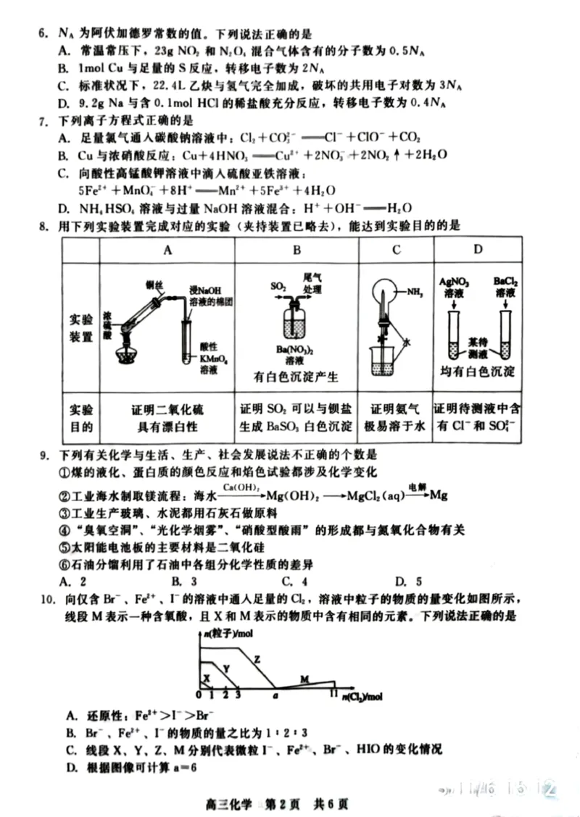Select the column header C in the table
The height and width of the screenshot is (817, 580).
pos(396,250)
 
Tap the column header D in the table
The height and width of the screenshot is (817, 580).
pos(478,250)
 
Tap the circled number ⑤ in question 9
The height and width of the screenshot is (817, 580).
pos(63,548)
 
